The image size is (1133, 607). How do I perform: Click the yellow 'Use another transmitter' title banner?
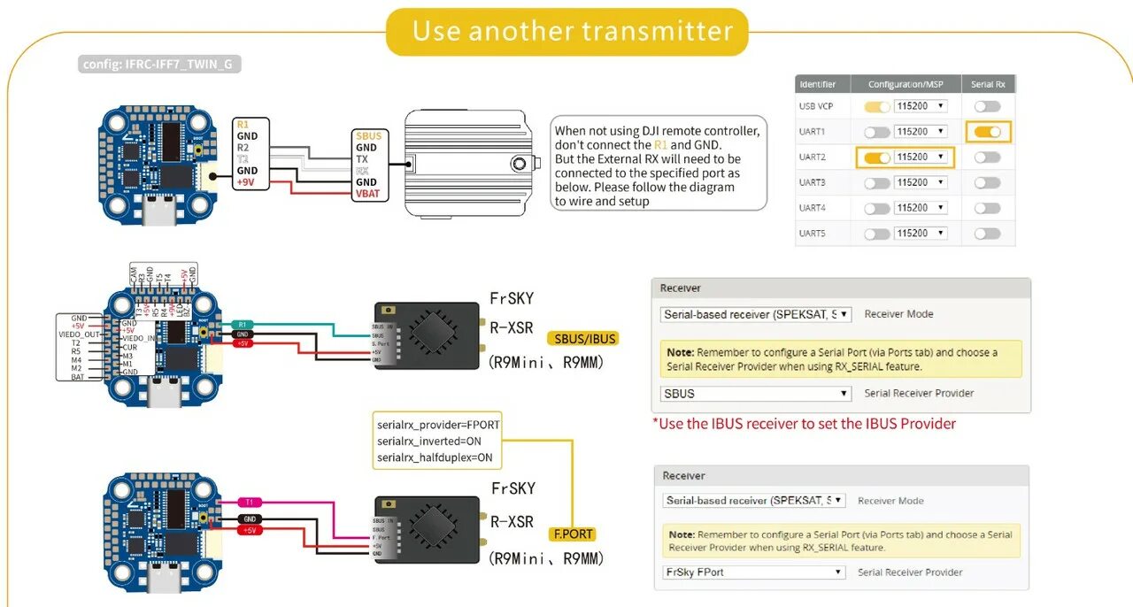point(567,32)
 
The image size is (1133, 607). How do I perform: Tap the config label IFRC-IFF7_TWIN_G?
point(160,65)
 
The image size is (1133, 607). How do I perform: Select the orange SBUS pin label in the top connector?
point(368,135)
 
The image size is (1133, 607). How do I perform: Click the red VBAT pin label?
point(366,194)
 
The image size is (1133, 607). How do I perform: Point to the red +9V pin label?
point(246,182)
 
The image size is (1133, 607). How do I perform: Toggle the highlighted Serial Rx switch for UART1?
point(987,132)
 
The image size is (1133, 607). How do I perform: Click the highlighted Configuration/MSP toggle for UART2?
point(877,158)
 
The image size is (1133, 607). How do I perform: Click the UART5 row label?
point(812,234)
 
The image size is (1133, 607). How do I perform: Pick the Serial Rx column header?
point(988,85)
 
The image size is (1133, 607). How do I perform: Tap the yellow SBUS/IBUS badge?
point(582,339)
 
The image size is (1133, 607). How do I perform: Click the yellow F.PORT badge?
point(573,534)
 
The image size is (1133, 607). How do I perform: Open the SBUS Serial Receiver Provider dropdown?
point(756,394)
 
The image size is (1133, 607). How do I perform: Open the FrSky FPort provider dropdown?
point(753,572)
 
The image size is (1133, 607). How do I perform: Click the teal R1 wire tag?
point(242,325)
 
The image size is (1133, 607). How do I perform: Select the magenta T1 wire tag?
point(250,502)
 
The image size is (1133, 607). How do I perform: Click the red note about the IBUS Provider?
point(805,424)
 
